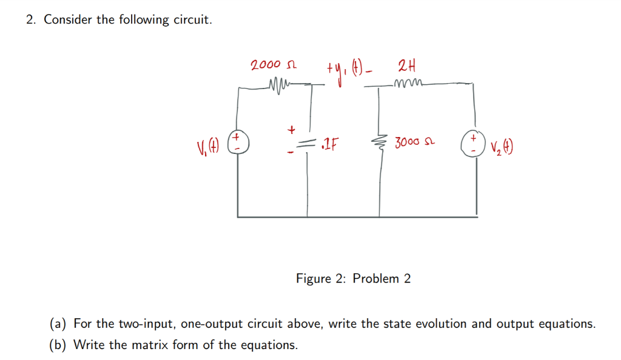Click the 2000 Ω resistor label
[274, 65]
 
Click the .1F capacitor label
[330, 144]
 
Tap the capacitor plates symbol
[309, 143]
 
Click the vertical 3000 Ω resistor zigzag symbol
[380, 144]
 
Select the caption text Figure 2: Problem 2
[353, 279]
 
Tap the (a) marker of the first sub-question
[58, 324]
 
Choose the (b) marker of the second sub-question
[58, 345]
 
